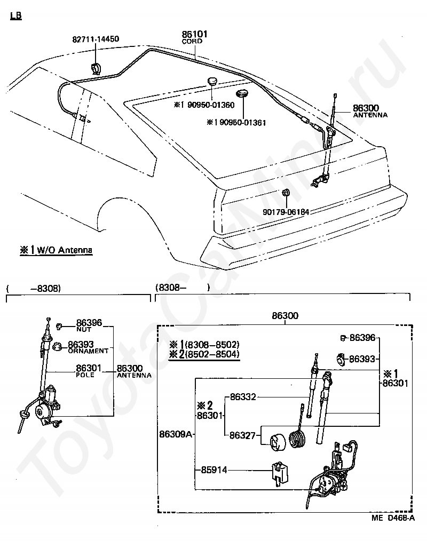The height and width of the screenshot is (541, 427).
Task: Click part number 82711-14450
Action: click(x=96, y=39)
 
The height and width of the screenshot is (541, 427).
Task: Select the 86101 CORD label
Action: click(x=194, y=37)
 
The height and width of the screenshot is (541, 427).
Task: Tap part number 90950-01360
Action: click(x=211, y=105)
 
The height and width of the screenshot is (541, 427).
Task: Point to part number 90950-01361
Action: click(x=243, y=123)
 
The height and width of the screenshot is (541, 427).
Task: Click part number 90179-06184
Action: click(x=286, y=212)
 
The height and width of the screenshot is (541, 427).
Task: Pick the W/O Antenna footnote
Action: click(x=56, y=250)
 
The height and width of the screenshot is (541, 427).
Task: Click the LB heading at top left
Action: click(x=16, y=15)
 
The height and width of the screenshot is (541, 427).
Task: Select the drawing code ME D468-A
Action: click(x=393, y=518)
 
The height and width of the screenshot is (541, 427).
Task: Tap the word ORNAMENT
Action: click(x=88, y=351)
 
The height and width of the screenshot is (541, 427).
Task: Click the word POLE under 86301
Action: click(x=85, y=375)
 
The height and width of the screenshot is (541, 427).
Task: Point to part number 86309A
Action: click(x=176, y=434)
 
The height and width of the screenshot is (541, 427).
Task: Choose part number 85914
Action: click(x=214, y=470)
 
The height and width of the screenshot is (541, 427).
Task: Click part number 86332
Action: click(x=243, y=397)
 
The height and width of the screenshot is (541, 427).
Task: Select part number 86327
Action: click(x=242, y=435)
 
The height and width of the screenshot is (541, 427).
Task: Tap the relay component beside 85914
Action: click(x=280, y=474)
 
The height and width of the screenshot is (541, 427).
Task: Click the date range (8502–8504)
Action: click(x=212, y=354)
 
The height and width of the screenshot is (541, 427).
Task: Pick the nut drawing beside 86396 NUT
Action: click(x=59, y=325)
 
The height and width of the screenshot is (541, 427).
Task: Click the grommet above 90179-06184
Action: click(x=286, y=193)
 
